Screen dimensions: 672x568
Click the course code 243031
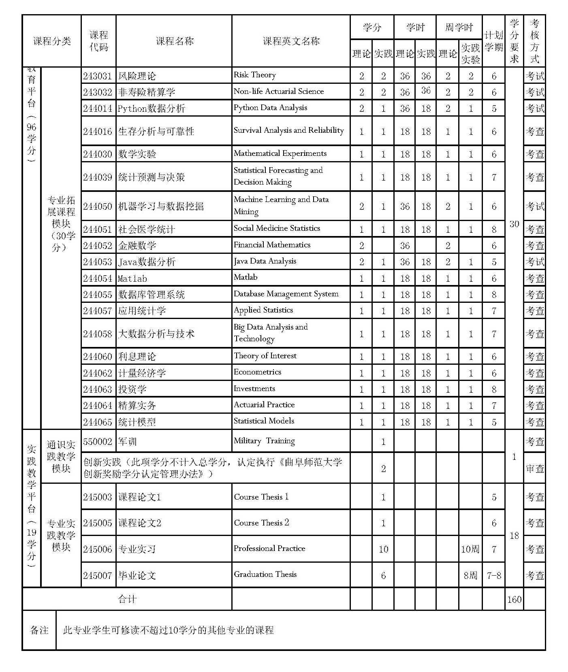(x=97, y=76)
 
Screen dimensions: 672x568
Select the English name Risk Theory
(x=254, y=75)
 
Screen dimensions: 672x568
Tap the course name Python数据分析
(x=151, y=108)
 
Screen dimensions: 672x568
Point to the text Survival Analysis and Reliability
(x=288, y=130)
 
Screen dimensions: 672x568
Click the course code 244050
(x=97, y=206)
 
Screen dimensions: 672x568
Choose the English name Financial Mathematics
(x=272, y=245)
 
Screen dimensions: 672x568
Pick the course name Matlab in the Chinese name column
(x=132, y=279)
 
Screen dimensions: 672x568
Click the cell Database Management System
(x=286, y=294)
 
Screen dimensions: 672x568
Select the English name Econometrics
(x=257, y=372)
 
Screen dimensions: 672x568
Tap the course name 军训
(x=127, y=442)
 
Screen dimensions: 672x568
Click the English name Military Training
(x=264, y=441)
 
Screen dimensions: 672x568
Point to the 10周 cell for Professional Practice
(x=470, y=549)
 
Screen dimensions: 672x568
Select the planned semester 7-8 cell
(x=493, y=575)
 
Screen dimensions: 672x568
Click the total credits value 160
(x=514, y=600)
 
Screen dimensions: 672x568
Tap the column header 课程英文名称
(x=291, y=41)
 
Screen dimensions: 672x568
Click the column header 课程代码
(x=98, y=41)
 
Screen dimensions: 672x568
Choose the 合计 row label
(x=127, y=599)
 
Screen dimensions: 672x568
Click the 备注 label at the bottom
(x=39, y=630)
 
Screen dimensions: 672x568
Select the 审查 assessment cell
(x=534, y=469)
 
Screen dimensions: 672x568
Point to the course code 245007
(x=97, y=575)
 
